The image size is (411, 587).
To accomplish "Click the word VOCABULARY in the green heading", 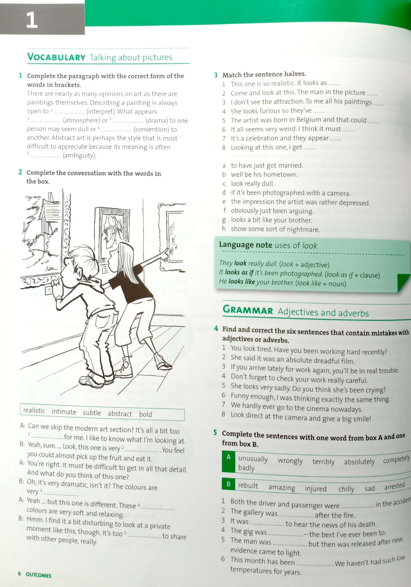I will click(x=56, y=57).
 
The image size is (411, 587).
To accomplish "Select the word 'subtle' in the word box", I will click(x=92, y=413).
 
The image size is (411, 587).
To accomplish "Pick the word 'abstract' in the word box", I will click(x=119, y=414).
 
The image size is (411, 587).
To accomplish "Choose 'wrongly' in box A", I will click(x=290, y=461).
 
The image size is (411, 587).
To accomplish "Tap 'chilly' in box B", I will click(x=346, y=489).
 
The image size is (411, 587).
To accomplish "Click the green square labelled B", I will click(x=228, y=484).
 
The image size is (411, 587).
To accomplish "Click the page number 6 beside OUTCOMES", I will click(x=19, y=574).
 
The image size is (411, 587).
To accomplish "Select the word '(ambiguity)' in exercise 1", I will click(x=80, y=155).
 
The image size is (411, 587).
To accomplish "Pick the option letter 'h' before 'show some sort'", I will click(x=224, y=229).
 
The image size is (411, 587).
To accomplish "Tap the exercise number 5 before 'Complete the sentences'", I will click(x=215, y=432).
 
